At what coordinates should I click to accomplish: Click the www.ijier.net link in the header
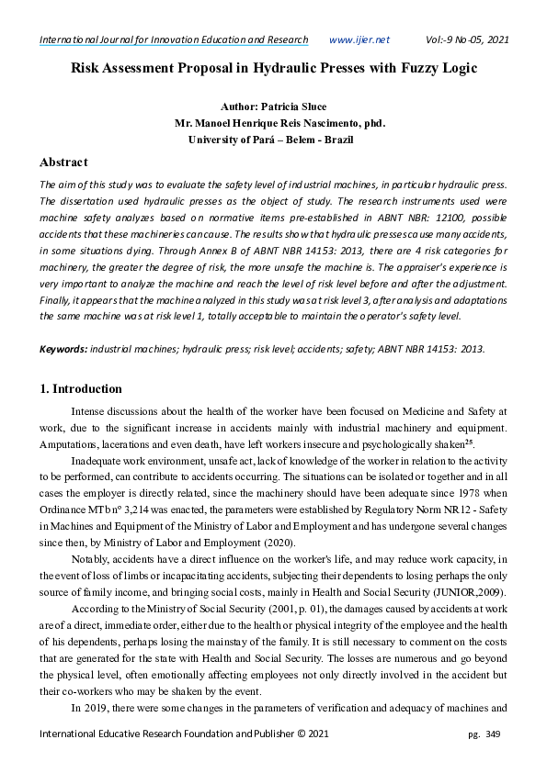(359, 39)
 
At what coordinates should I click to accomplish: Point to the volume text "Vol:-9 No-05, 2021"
(467, 39)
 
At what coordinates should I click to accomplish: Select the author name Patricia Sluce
(294, 107)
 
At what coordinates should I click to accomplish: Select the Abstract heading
(63, 162)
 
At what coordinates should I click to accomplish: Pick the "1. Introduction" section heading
(81, 388)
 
